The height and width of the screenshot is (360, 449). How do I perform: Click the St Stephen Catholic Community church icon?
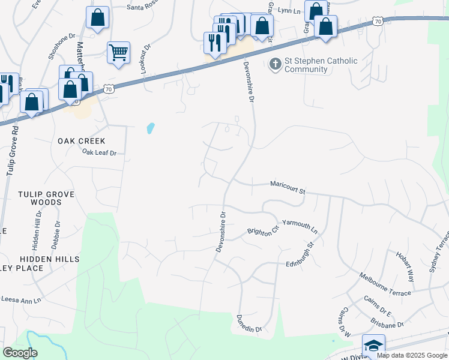pyautogui.click(x=276, y=64)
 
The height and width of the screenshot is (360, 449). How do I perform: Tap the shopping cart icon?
pyautogui.click(x=118, y=52)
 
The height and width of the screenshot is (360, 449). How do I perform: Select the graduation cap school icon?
pyautogui.click(x=373, y=346)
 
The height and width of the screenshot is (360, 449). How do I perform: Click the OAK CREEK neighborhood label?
pyautogui.click(x=82, y=141)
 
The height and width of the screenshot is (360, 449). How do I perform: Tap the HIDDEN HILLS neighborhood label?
pyautogui.click(x=49, y=259)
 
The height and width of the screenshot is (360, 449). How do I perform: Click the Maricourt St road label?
pyautogui.click(x=288, y=188)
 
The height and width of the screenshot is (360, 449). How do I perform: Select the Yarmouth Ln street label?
pyautogui.click(x=300, y=225)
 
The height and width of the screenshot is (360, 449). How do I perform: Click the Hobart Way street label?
pyautogui.click(x=405, y=266)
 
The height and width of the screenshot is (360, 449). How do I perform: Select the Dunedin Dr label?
pyautogui.click(x=250, y=324)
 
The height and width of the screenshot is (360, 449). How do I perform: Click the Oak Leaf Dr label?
pyautogui.click(x=99, y=153)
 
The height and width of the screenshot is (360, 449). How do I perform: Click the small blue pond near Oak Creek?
pyautogui.click(x=150, y=128)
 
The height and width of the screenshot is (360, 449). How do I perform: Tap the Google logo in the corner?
pyautogui.click(x=20, y=353)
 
